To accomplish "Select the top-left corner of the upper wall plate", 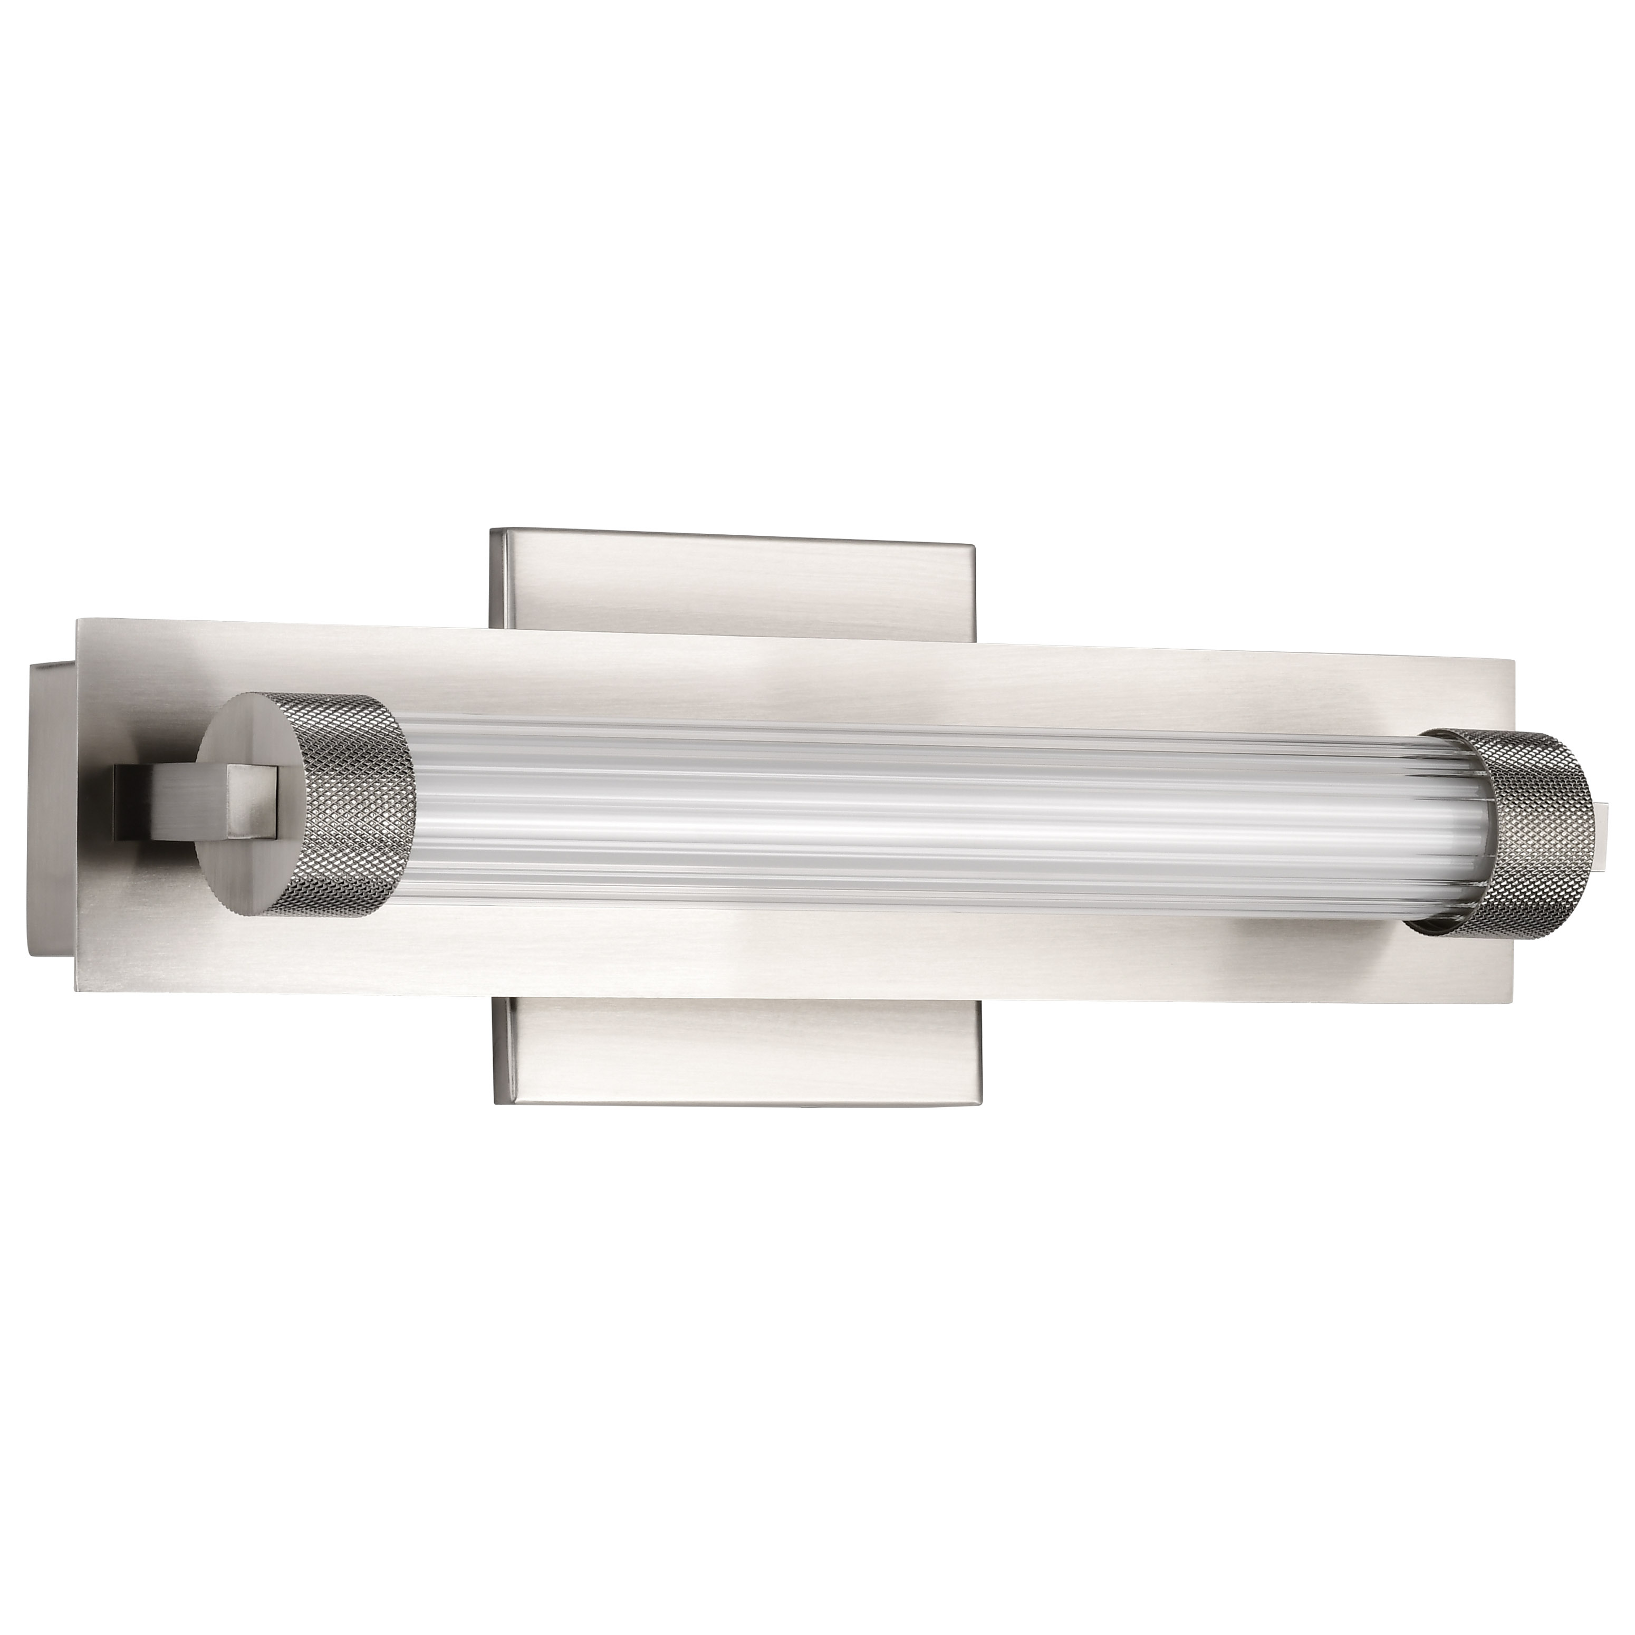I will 491,531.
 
